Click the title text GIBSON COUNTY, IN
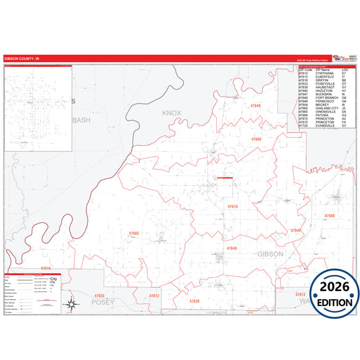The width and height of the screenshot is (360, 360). point(22,59)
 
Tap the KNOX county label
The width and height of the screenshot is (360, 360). point(173,113)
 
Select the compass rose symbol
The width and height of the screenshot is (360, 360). point(69,305)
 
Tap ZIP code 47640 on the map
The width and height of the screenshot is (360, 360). point(255,106)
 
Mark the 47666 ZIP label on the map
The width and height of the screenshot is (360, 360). point(256,139)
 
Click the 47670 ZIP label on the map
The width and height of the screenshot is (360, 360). point(232,206)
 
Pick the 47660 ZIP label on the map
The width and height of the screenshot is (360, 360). point(330,215)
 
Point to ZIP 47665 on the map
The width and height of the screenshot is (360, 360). point(133,233)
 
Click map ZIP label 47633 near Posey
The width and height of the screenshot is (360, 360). point(99,296)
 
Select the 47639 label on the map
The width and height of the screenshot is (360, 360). point(195,301)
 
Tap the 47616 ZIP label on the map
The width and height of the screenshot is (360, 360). point(45,269)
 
